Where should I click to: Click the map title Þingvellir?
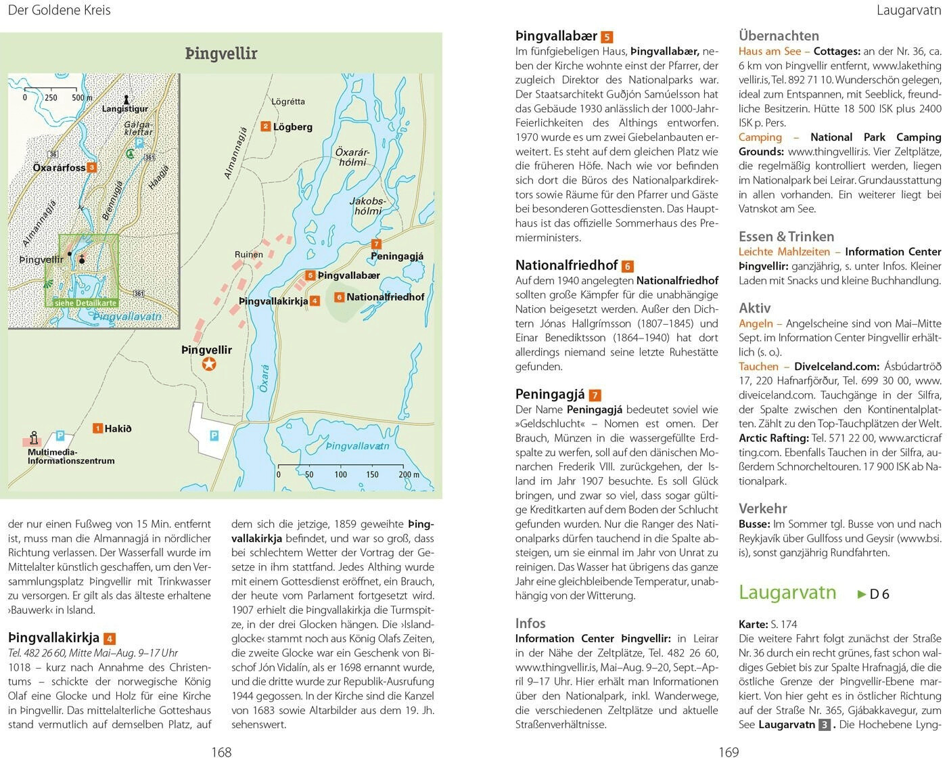(x=221, y=53)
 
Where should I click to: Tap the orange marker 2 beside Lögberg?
(x=266, y=126)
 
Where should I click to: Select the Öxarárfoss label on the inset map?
(x=59, y=167)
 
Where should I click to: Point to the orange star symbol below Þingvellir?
(x=209, y=365)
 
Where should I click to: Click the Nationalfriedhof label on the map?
(x=385, y=297)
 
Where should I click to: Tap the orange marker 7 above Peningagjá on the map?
(x=376, y=244)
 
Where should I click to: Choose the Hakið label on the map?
(x=118, y=428)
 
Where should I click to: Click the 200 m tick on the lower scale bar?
(x=409, y=474)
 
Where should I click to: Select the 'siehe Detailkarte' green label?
(x=85, y=303)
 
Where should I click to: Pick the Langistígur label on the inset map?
(x=124, y=109)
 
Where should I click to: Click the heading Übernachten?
(x=779, y=36)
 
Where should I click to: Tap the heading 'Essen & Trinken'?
(x=786, y=236)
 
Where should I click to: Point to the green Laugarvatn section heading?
(x=787, y=592)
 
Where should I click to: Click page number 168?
(x=221, y=751)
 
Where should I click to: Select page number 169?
(x=729, y=751)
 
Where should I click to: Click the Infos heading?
(x=530, y=623)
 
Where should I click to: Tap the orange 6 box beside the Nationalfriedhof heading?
(x=628, y=266)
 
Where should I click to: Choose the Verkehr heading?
(x=762, y=508)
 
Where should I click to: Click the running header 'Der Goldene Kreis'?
(x=59, y=10)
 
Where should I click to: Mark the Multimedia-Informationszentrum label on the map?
(x=70, y=456)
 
